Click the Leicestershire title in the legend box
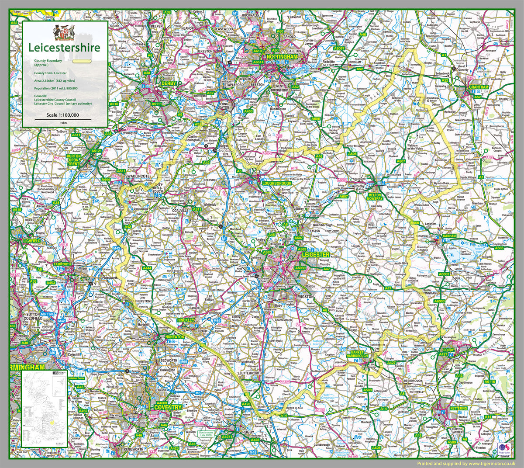(64, 48)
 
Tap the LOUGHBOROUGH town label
(276, 184)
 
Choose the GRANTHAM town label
(479, 87)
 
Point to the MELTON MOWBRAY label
(375, 197)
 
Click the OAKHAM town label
(449, 236)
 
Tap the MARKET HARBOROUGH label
(357, 354)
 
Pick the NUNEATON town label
(174, 337)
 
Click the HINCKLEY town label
(186, 320)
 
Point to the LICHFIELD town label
(32, 241)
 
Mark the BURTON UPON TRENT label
(73, 159)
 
